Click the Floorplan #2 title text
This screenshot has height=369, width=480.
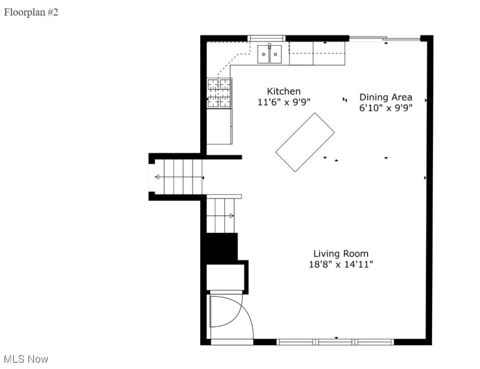tap(31, 12)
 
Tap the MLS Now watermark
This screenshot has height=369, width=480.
tap(26, 359)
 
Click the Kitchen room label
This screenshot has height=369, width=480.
tap(284, 91)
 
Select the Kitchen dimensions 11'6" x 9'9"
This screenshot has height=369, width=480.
tap(284, 102)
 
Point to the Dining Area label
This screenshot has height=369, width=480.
tap(385, 97)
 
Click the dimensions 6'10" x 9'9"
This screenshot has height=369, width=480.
tap(385, 108)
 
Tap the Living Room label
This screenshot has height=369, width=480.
tap(341, 254)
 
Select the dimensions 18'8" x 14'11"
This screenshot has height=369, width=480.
tap(341, 264)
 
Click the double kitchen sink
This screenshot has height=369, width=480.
tap(269, 54)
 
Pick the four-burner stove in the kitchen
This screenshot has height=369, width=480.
tap(219, 93)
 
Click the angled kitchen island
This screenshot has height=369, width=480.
tap(305, 142)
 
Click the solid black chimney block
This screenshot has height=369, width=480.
tap(221, 247)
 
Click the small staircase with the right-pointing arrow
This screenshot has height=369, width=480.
tap(221, 215)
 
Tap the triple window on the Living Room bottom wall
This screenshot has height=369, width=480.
tap(336, 342)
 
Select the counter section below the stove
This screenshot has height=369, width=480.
tap(219, 126)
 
